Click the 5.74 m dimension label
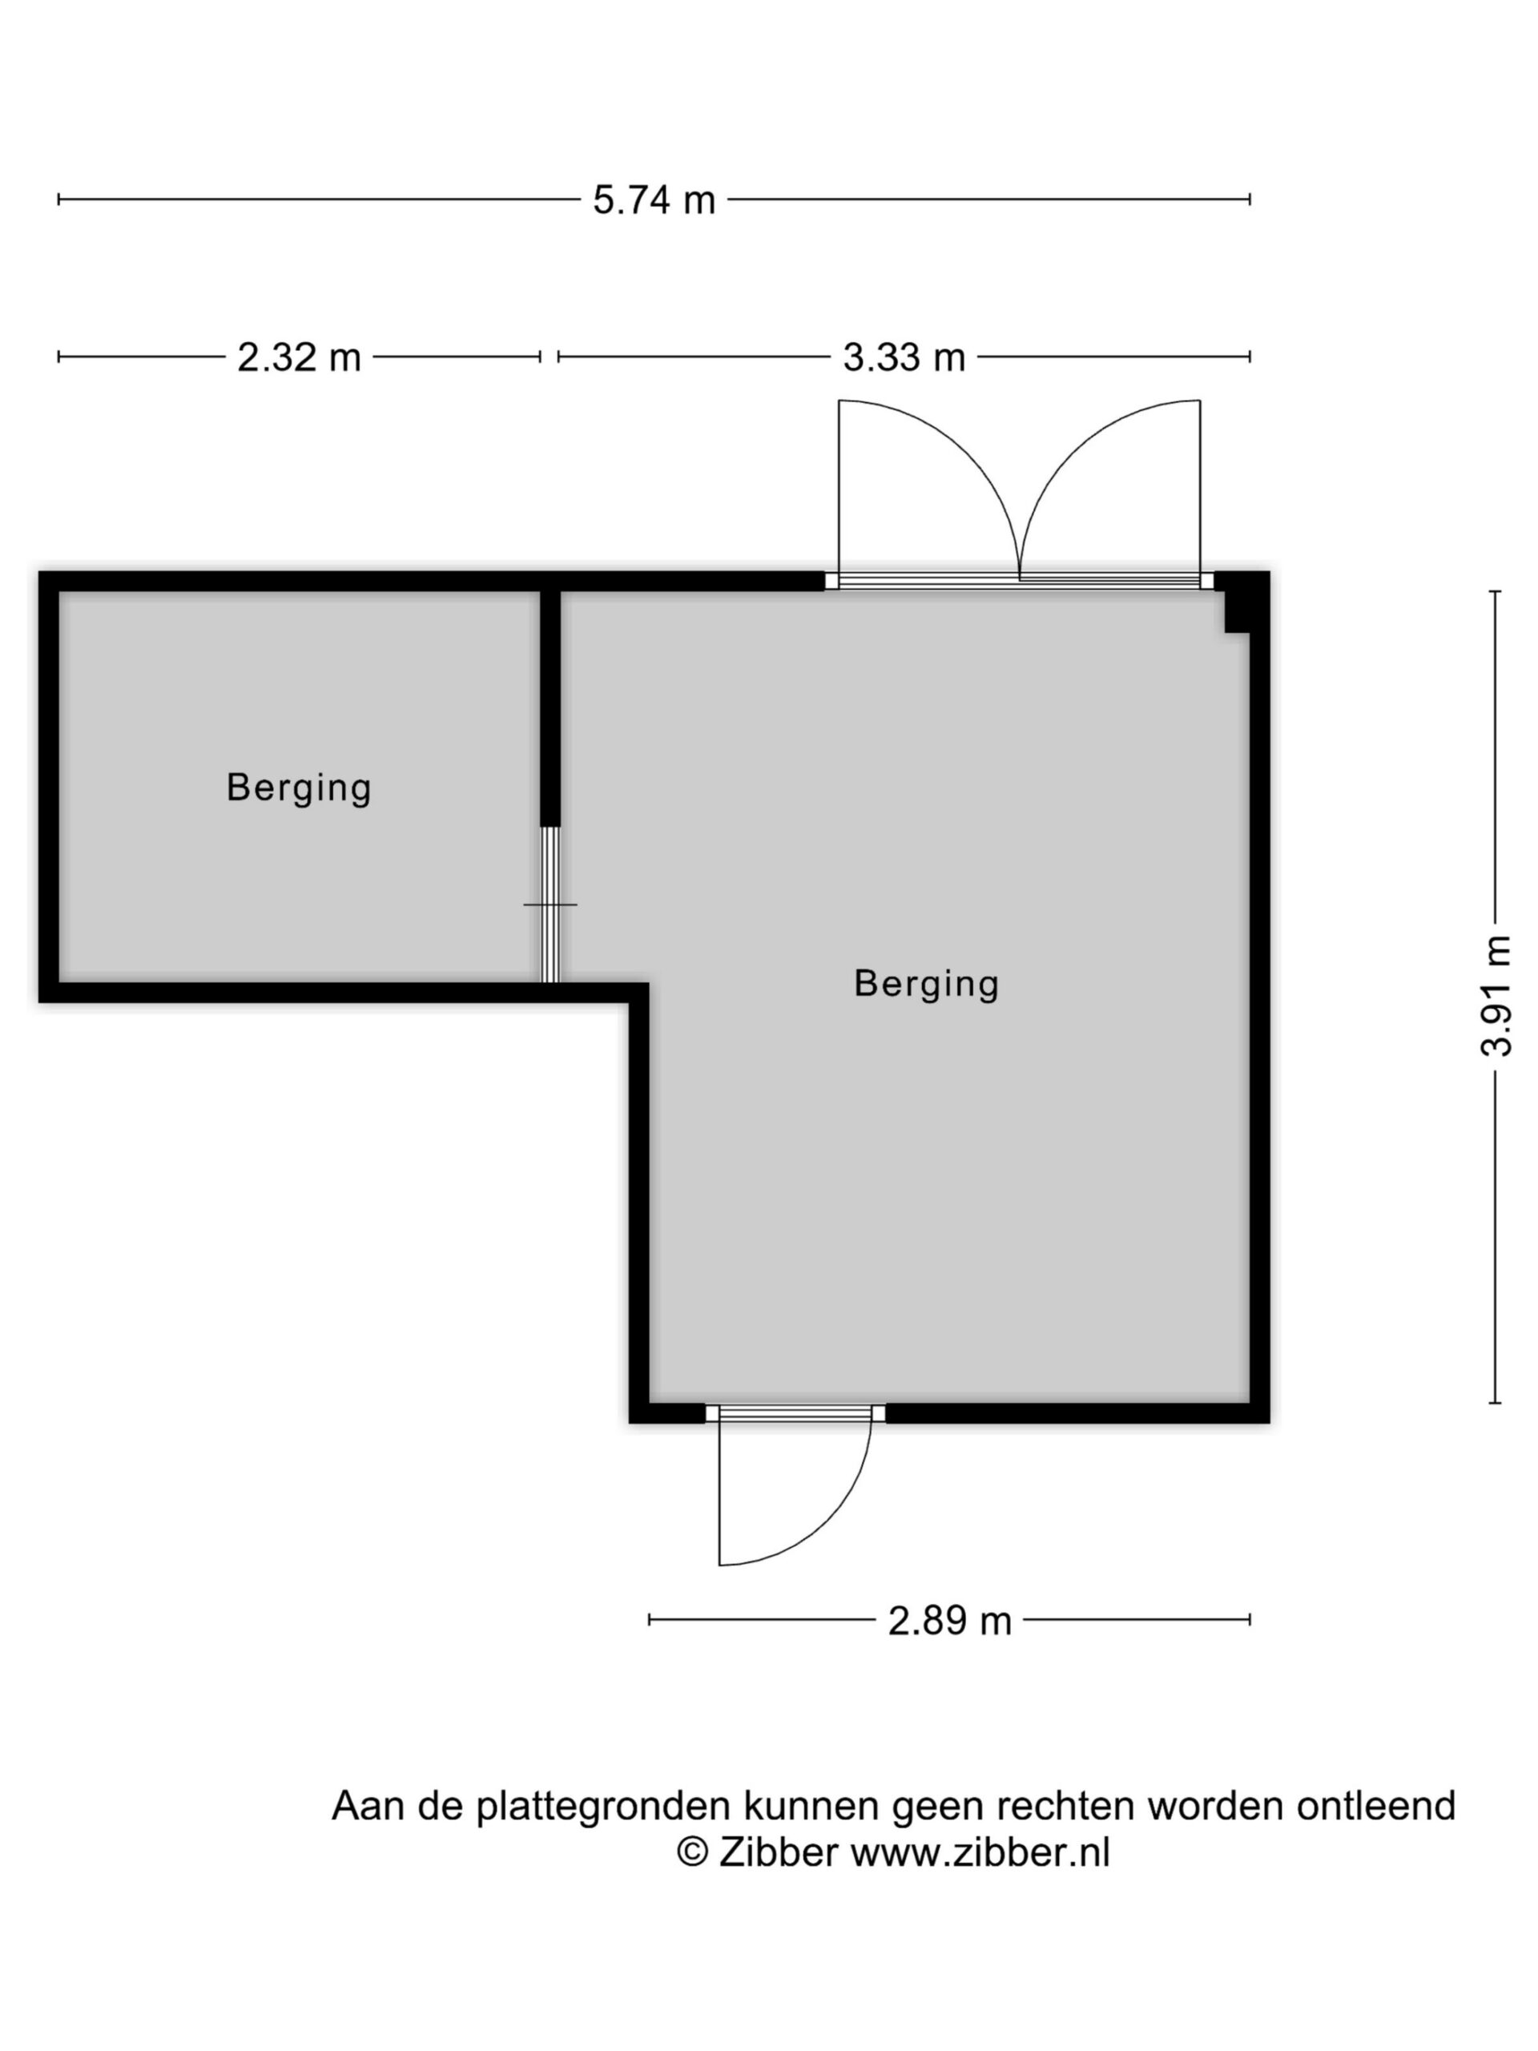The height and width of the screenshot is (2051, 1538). tap(654, 199)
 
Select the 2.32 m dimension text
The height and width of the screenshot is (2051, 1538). tap(299, 357)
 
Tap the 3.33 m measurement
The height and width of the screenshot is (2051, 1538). tap(904, 357)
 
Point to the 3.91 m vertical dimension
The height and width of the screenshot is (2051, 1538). tap(1496, 996)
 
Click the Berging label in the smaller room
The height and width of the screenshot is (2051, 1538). tap(299, 788)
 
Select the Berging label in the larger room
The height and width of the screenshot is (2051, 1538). tap(926, 984)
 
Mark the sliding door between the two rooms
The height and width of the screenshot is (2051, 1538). tap(550, 904)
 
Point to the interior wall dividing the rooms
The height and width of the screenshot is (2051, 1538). tap(550, 707)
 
